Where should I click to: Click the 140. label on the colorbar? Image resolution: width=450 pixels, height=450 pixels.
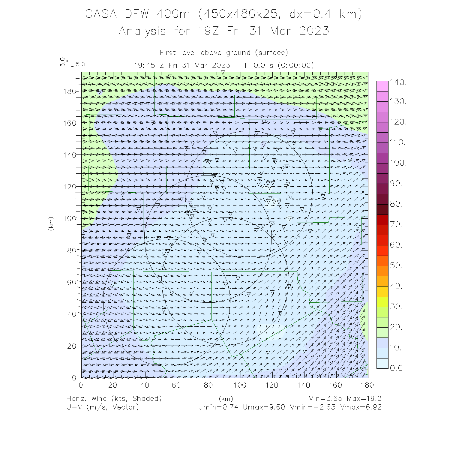(x=398, y=82)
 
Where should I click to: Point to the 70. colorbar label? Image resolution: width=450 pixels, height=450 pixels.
(x=396, y=224)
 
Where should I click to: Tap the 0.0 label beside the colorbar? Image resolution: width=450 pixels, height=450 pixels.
(x=396, y=368)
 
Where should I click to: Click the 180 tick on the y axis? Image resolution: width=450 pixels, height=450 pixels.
(x=70, y=91)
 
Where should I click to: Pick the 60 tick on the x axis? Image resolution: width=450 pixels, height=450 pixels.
(x=176, y=385)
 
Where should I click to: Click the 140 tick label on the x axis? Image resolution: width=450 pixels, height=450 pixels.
(x=304, y=385)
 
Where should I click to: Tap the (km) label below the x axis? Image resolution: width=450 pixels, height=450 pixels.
(x=226, y=399)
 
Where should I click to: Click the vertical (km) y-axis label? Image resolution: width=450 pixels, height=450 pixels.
(x=51, y=223)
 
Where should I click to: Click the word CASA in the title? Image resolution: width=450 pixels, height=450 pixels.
(x=101, y=14)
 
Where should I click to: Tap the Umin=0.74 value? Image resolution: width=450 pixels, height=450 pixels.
(x=218, y=407)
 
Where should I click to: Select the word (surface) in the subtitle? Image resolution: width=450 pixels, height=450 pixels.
(x=271, y=53)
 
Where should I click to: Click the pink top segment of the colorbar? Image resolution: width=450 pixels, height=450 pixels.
(x=382, y=86)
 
